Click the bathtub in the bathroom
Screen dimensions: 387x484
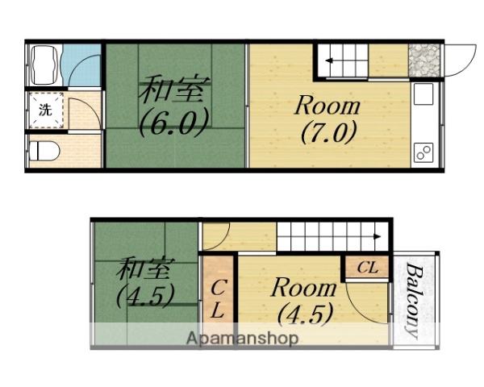click(43, 64)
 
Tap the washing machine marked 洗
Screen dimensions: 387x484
click(44, 110)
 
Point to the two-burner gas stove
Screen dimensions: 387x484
click(423, 150)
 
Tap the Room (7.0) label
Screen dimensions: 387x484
click(328, 119)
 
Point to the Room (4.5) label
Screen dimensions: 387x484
click(303, 300)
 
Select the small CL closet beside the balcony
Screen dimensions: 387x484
click(367, 267)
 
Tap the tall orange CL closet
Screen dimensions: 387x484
click(218, 298)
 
